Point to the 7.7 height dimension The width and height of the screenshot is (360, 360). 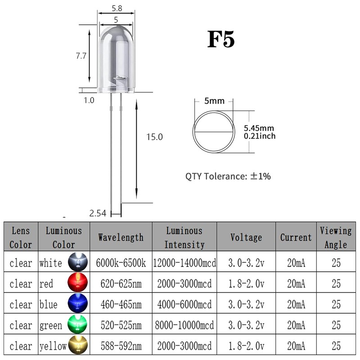[x=81, y=56]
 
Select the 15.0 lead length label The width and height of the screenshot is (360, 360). [x=154, y=137]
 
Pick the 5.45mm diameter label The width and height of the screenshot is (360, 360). [x=259, y=128]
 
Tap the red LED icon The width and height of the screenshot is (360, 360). [x=76, y=283]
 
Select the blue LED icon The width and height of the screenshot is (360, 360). [x=76, y=304]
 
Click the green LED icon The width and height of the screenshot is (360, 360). [x=76, y=325]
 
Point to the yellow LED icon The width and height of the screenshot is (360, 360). [x=76, y=346]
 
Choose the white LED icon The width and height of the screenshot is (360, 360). [x=76, y=262]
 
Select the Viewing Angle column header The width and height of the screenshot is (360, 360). [x=336, y=237]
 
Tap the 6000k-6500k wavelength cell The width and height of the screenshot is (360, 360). [x=121, y=263]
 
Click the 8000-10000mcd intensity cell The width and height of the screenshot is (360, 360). [x=185, y=325]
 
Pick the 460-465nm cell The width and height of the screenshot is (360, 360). [x=121, y=305]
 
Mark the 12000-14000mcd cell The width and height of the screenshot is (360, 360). [x=185, y=263]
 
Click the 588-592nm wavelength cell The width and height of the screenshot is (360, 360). [x=121, y=346]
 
